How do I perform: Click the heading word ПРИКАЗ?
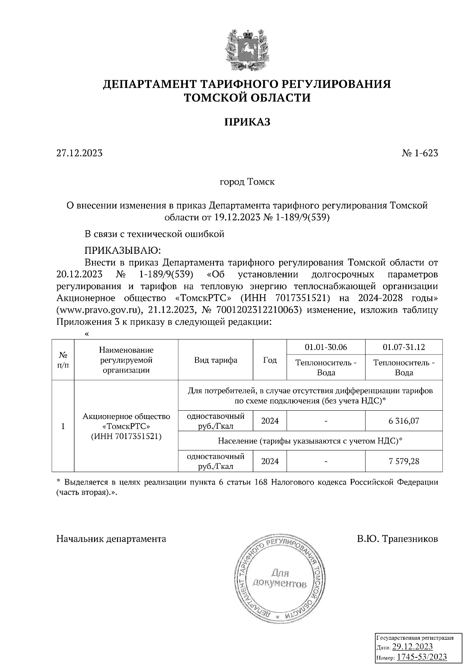(x=247, y=122)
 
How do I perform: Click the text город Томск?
(x=247, y=182)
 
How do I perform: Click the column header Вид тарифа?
(x=216, y=360)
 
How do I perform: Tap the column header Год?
(x=270, y=360)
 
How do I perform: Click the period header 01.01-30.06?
(x=326, y=347)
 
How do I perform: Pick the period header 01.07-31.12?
(x=404, y=347)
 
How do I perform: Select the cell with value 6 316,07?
(x=404, y=421)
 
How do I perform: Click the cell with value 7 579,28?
(x=404, y=461)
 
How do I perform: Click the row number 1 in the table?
(x=63, y=426)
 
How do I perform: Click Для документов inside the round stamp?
(x=280, y=578)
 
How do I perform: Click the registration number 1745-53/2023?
(x=421, y=657)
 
